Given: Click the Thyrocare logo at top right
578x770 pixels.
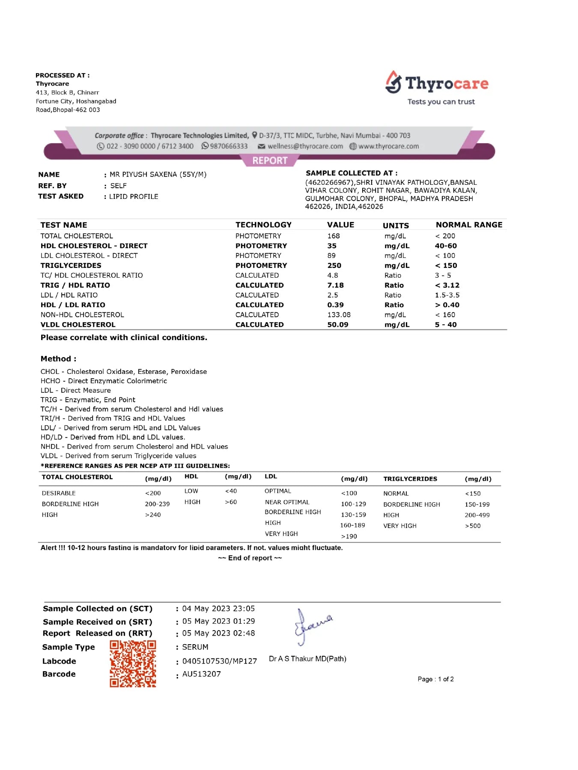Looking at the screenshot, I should tap(437, 84).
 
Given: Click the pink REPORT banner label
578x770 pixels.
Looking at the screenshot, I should tap(270, 160).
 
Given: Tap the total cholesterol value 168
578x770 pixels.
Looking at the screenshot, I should tap(334, 236).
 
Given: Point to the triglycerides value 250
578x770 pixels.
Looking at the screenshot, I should tap(334, 266).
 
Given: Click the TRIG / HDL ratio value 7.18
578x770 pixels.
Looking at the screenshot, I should tap(336, 285).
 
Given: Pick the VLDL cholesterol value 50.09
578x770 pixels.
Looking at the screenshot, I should tap(338, 325).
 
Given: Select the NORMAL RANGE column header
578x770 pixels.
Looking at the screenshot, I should tap(469, 225).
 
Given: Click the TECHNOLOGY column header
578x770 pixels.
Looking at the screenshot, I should tap(263, 225).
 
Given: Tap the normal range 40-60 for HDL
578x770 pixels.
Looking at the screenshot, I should tap(446, 246).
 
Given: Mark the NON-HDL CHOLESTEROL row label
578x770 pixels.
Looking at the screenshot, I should tap(82, 315).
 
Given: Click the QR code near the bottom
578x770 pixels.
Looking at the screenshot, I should tap(133, 663).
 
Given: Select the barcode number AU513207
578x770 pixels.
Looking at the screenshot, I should tap(202, 674).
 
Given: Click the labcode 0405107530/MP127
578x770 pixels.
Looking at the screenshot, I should tap(220, 661).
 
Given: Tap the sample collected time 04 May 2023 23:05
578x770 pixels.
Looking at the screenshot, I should tap(218, 609).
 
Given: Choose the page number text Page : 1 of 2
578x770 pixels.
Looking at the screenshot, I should tap(435, 679).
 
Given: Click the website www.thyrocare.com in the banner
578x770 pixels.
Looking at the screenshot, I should tap(388, 146).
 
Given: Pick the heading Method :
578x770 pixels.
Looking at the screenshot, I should tap(59, 359).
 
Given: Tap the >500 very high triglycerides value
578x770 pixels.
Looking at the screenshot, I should tap(473, 526).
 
